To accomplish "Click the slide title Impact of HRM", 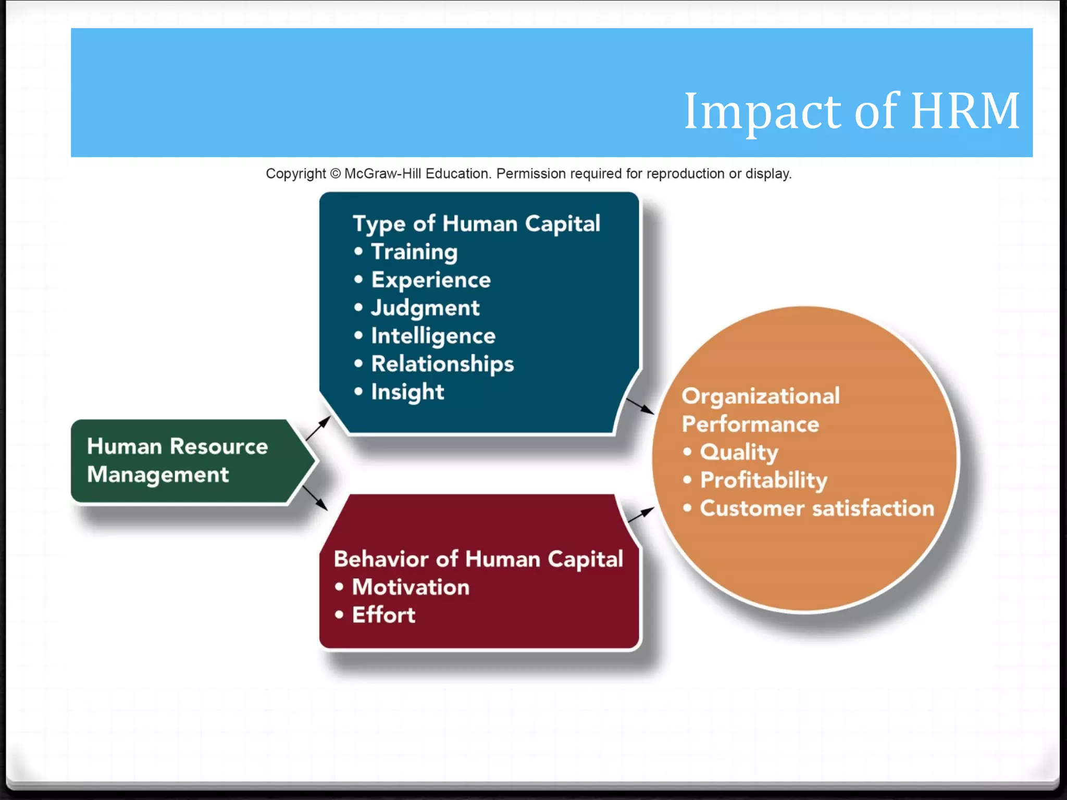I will (851, 111).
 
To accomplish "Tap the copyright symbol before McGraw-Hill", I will (335, 173).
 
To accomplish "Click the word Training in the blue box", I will (414, 252).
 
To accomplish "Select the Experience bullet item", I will (430, 280).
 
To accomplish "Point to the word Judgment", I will (425, 308).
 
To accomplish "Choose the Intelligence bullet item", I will (433, 336).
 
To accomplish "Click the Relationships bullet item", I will (442, 364).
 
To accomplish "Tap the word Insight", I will (407, 392).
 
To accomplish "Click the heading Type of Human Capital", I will (476, 224).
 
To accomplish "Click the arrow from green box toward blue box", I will (318, 428).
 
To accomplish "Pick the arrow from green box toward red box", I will (315, 498).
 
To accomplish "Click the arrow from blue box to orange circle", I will (640, 406).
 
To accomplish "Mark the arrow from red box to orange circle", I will (640, 515).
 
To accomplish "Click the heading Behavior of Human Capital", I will (478, 559).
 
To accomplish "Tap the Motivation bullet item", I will (411, 587).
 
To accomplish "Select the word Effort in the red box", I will (383, 615).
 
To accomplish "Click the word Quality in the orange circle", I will (739, 452).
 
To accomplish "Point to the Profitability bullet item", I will (763, 480).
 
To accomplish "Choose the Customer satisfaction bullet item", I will (816, 508).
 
